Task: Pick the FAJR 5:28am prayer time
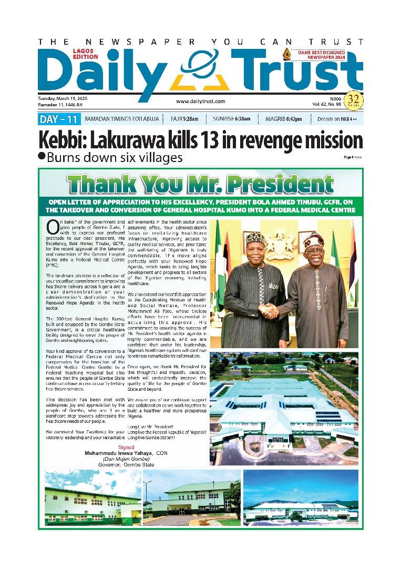pyautogui.click(x=184, y=119)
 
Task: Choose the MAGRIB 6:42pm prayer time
pyautogui.click(x=284, y=119)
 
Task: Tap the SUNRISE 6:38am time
pyautogui.click(x=235, y=119)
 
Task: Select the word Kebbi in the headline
pyautogui.click(x=61, y=141)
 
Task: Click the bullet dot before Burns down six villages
pyautogui.click(x=42, y=156)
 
